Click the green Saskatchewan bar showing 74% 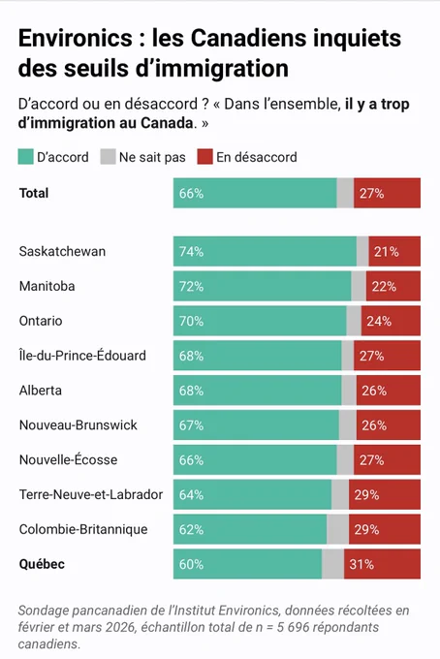point(265,251)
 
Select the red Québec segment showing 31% point(382,564)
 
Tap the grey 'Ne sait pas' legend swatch point(108,157)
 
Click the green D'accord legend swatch point(25,157)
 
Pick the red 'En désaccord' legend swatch point(205,157)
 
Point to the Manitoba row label point(47,286)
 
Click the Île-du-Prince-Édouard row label point(82,355)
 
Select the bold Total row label point(34,193)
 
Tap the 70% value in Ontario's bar point(191,321)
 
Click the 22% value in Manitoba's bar point(384,287)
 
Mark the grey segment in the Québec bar point(332,564)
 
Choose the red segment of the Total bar point(387,193)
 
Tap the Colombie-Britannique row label point(83,529)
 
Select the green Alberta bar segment point(257,391)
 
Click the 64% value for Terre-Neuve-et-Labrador point(191,494)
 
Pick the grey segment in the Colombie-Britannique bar point(337,529)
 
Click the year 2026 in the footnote point(120,627)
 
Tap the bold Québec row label point(42,564)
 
